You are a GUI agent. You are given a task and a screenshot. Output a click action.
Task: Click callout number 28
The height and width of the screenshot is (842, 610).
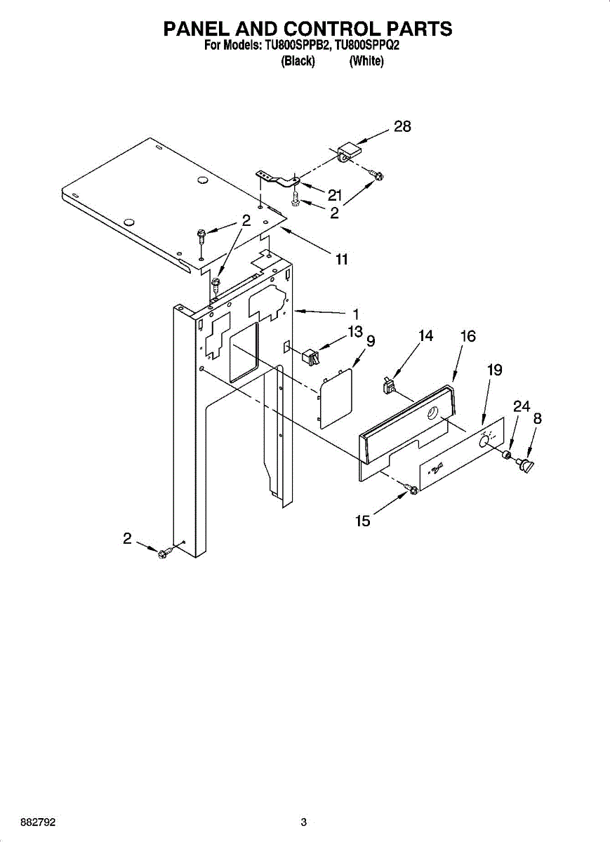point(402,127)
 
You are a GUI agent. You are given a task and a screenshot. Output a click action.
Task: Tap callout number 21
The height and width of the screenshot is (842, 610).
point(335,195)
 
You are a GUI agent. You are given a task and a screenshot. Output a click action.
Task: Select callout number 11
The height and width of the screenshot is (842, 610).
point(341,259)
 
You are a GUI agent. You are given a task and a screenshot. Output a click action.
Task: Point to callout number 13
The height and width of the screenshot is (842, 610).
point(355,330)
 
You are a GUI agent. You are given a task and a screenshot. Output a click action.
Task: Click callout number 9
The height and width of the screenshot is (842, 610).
point(371,342)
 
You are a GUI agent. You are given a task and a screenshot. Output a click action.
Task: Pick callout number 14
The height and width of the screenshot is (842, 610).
point(425,336)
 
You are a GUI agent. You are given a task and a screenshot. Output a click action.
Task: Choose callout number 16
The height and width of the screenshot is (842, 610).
point(468,337)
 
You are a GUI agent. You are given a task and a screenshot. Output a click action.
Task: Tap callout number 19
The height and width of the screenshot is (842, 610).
point(495,370)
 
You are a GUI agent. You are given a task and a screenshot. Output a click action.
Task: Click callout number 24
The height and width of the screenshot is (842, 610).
point(522,406)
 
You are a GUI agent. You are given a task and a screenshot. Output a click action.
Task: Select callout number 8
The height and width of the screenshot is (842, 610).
point(537,419)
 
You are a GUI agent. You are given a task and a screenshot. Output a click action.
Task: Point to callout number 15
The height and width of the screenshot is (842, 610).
point(363,522)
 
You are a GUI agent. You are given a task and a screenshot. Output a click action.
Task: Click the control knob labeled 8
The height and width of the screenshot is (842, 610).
point(524,465)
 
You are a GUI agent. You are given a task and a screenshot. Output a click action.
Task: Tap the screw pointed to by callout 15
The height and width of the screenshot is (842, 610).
point(413,489)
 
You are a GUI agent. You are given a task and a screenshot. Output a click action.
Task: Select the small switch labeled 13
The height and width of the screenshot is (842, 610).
point(310,358)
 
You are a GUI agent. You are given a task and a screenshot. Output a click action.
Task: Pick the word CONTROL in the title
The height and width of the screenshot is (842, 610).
point(329,29)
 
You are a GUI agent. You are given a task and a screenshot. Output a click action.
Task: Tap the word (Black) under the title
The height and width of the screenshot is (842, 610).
point(297,61)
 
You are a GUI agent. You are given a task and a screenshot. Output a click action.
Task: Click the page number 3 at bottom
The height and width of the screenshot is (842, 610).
point(303,822)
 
